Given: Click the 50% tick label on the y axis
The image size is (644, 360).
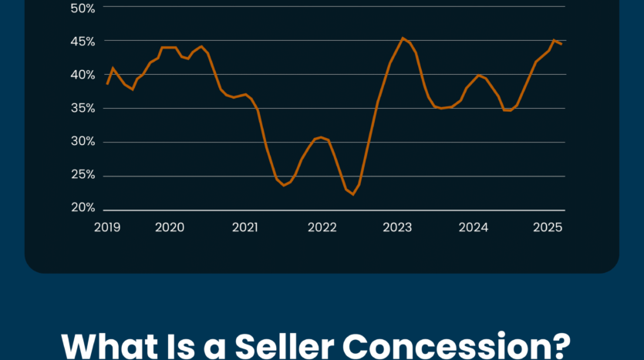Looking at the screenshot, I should pos(83,8).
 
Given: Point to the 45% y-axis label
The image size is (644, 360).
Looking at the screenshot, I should pos(83,41).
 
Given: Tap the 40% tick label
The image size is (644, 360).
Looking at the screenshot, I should pos(83,75).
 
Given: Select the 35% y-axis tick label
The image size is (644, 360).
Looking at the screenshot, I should pos(83,108).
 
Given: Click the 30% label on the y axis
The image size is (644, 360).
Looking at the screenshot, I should pos(83,141).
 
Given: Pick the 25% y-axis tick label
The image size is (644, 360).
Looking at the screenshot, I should pos(83,175).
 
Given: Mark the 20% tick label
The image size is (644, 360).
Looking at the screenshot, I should pos(83,208).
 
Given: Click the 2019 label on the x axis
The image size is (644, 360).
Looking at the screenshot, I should pos(107,227).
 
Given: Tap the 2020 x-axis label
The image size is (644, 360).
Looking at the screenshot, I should pos(170,227).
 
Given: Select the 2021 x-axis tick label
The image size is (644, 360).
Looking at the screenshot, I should pos(245,227).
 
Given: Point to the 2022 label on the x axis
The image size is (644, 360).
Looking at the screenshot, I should pos(322,227).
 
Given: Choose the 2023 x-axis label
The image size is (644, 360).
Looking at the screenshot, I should pos(397,227).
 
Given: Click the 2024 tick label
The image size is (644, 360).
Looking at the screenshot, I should pos(474,227).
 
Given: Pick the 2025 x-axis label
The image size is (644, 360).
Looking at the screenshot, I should pos(548,227).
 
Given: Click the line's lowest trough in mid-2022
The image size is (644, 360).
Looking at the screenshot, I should pos(353,194).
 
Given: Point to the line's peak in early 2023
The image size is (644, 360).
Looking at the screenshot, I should pos(403,38).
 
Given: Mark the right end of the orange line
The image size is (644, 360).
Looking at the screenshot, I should pos(561,44).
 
